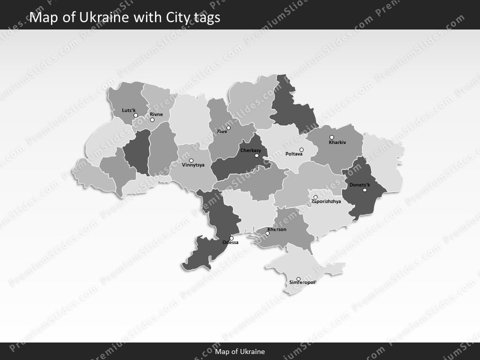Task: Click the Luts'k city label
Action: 128,110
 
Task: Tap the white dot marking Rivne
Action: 152,120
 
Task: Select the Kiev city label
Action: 221,131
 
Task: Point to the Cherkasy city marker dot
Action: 257,155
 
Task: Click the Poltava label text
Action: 293,154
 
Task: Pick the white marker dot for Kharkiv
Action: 331,137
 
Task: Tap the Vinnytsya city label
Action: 193,164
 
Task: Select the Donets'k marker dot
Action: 364,190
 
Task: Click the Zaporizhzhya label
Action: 326,201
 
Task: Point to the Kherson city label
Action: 277,229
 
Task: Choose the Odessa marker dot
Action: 231,238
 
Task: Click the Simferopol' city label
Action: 303,283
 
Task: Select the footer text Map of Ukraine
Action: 240,351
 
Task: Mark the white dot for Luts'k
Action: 135,115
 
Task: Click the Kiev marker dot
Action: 228,128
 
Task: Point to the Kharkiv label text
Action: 337,142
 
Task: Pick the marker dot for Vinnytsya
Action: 191,160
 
